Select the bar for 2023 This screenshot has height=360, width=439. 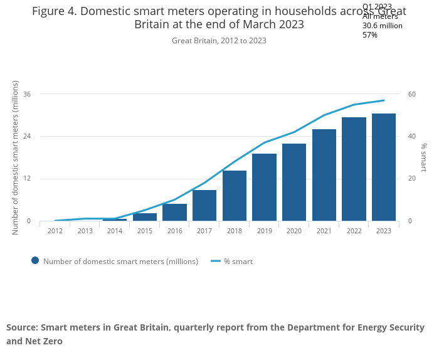(x=384, y=167)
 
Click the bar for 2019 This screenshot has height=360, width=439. (x=264, y=188)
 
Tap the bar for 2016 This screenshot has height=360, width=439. (x=174, y=212)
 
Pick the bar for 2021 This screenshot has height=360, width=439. (x=324, y=175)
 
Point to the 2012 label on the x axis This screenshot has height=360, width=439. (x=55, y=231)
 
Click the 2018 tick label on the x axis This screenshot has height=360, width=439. (x=235, y=231)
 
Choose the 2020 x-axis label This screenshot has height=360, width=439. (x=294, y=231)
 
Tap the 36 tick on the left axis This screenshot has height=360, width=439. (x=27, y=94)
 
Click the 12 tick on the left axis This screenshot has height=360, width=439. (x=27, y=179)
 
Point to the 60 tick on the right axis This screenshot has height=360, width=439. (x=412, y=94)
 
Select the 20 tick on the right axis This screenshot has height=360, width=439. (x=412, y=179)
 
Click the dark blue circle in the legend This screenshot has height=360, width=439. (x=35, y=261)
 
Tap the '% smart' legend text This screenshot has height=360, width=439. (x=238, y=262)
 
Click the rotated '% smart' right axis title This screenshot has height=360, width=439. (x=424, y=157)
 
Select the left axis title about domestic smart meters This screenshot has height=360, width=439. (x=16, y=157)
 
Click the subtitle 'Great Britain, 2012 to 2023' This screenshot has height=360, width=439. (x=219, y=41)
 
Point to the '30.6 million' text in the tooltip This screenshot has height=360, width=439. (x=383, y=26)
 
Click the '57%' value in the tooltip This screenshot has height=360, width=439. (x=370, y=35)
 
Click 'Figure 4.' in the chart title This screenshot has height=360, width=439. (x=55, y=11)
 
